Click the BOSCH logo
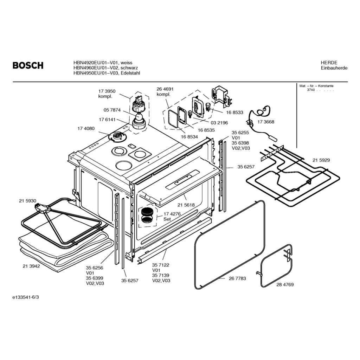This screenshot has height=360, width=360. coord(28,65)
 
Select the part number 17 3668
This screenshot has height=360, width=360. coord(266,122)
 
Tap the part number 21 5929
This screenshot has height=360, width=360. coord(321,160)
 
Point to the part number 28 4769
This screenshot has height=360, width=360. coord(285,284)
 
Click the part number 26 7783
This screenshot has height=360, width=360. coord(237,278)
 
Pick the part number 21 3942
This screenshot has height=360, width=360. coord(31,266)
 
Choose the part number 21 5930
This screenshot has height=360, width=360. coord(27,201)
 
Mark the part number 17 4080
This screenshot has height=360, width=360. coord(86,129)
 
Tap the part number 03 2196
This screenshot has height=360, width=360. coord(219,123)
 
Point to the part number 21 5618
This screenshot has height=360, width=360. coord(186,205)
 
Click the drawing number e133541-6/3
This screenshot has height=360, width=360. coord(26,297)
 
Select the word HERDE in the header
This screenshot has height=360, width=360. coord(329,63)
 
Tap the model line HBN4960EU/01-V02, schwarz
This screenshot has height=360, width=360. coord(105,68)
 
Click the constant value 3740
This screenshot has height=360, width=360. coord(311,90)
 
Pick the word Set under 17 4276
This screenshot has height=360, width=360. coord(167,219)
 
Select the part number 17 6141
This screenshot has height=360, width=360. coord(108,120)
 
